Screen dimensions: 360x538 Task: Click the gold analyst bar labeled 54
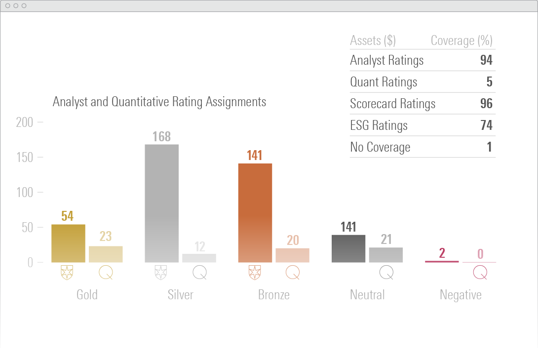[68, 243]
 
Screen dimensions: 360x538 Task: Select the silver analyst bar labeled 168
[161, 203]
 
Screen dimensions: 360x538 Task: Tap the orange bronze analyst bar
[255, 212]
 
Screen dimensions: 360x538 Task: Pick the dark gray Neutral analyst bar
[348, 248]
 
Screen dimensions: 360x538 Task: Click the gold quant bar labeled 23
[106, 254]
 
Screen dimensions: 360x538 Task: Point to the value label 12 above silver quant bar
[199, 246]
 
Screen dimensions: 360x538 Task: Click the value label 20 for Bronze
[293, 240]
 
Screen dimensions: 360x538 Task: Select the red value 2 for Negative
[442, 253]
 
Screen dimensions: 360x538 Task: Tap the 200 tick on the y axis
[25, 122]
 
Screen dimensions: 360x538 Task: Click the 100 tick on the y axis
[25, 192]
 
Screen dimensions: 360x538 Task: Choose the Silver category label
[180, 295]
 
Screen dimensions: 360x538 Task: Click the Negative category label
[461, 295]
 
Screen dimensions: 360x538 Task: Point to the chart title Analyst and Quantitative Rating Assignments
[159, 102]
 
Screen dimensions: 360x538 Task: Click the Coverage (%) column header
[461, 40]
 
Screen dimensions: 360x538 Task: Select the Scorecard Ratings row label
[393, 104]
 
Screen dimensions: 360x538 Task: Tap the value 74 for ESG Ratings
[486, 125]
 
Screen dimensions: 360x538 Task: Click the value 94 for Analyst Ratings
[486, 60]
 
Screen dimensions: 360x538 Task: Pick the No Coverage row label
[380, 147]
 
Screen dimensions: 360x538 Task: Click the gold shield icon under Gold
[68, 272]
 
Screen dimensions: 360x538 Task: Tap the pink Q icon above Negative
[480, 272]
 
